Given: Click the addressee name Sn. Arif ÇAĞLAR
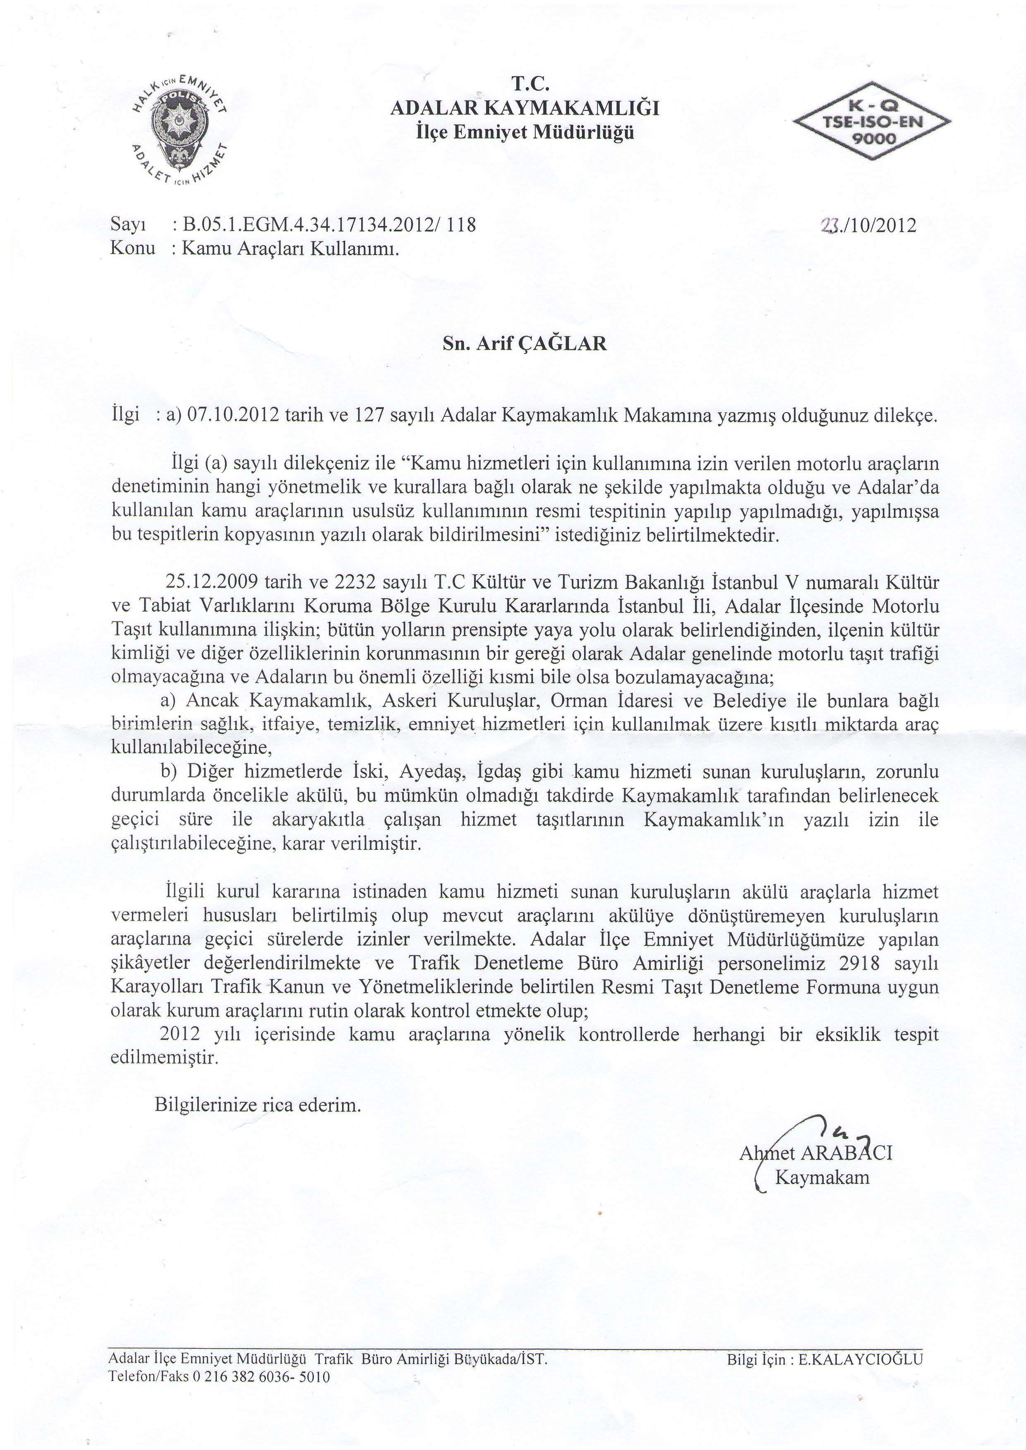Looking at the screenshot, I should tap(524, 344).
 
